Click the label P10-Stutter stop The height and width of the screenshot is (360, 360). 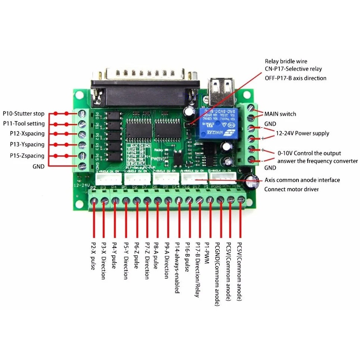[24, 114]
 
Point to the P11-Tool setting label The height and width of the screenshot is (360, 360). [24, 124]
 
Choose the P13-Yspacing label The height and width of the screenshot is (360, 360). [24, 145]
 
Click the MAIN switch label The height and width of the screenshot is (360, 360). [280, 114]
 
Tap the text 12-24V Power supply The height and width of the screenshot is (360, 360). [302, 133]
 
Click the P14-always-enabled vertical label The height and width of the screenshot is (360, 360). [177, 267]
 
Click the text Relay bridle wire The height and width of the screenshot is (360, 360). [286, 61]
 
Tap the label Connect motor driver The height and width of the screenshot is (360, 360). [292, 189]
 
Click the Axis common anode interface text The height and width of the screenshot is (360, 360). [302, 180]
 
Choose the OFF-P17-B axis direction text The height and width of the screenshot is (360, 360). [295, 78]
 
